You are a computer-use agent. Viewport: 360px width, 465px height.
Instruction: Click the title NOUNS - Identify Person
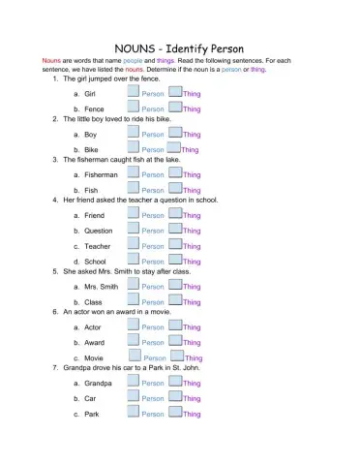click(x=179, y=47)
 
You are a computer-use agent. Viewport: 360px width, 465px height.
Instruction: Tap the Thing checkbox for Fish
click(x=175, y=188)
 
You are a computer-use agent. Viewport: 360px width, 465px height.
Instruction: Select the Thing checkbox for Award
click(x=175, y=340)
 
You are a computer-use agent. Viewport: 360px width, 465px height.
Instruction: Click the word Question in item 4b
click(x=99, y=232)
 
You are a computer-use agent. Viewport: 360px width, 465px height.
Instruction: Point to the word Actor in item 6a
click(x=93, y=328)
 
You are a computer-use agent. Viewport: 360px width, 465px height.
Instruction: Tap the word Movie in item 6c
click(x=94, y=358)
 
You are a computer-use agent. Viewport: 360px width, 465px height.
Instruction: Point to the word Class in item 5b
click(x=94, y=302)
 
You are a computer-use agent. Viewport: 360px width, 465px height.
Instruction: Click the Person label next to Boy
click(x=153, y=136)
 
